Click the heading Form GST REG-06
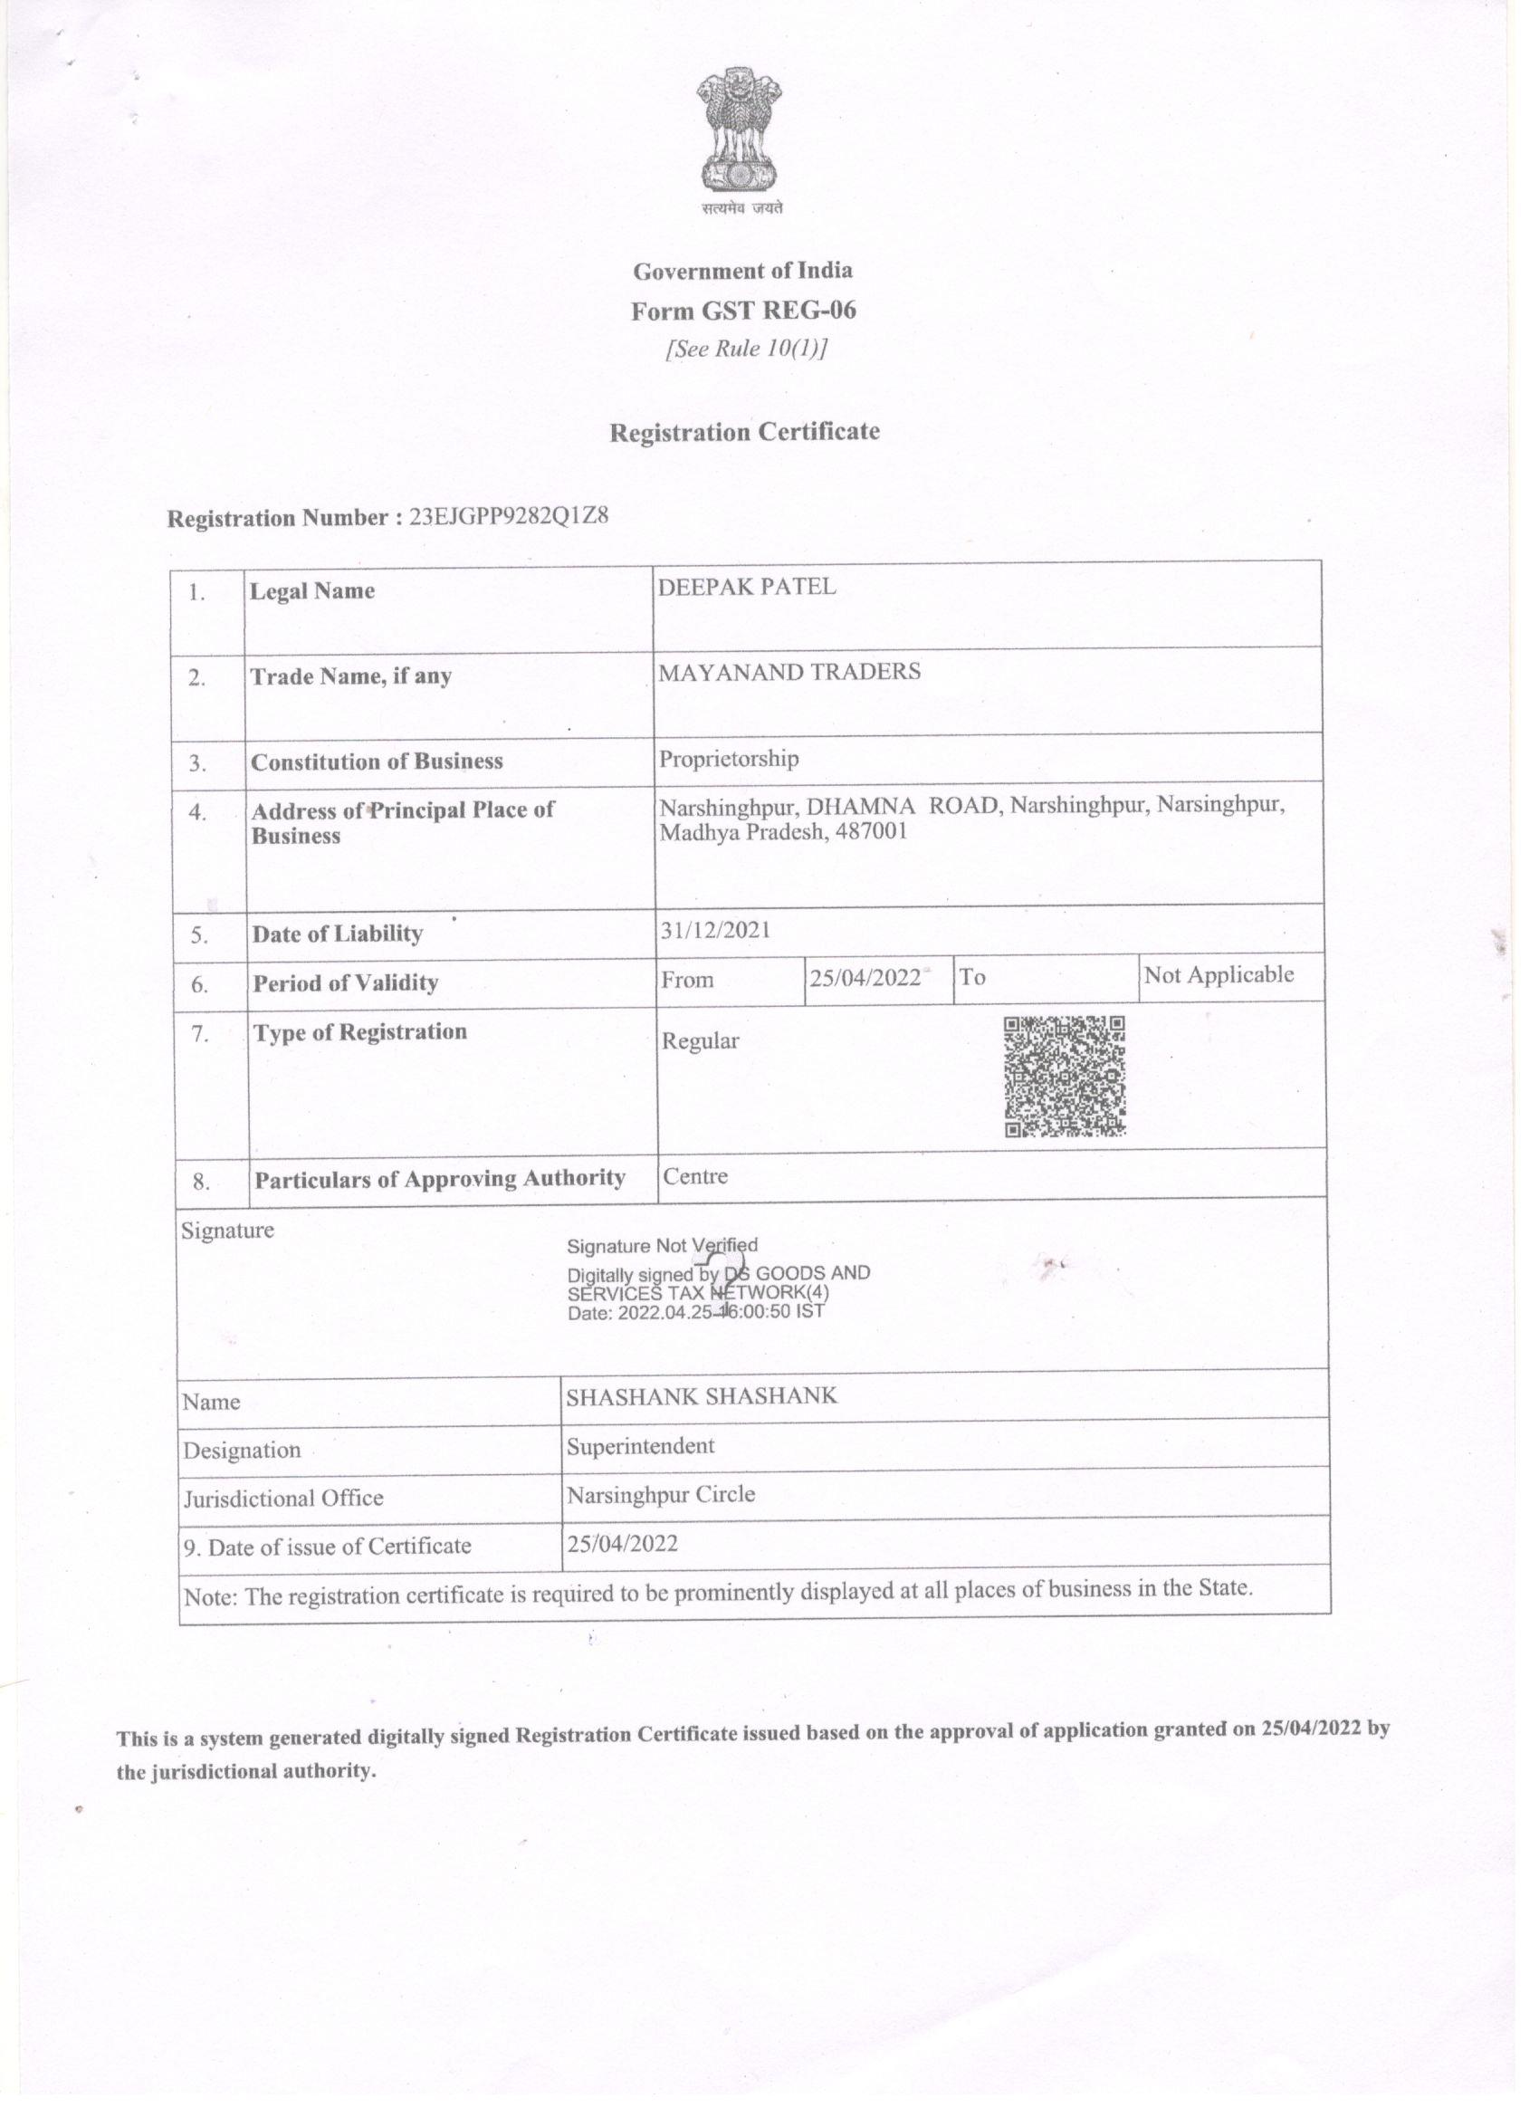coord(743,311)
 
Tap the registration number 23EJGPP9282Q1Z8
coord(509,516)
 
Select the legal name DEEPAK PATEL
coord(747,587)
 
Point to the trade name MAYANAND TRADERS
coord(789,672)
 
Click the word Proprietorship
coord(729,759)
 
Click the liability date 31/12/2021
coord(715,931)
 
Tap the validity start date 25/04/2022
coord(865,978)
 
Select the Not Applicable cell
coord(1219,975)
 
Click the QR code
coord(1064,1077)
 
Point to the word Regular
coord(700,1040)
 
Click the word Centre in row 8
coord(695,1176)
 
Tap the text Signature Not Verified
coord(663,1245)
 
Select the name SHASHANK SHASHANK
coord(702,1396)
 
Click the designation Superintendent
coord(640,1446)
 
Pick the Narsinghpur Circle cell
coord(661,1494)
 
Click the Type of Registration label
coord(360,1032)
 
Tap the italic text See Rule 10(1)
coord(746,350)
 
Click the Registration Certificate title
coord(744,432)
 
